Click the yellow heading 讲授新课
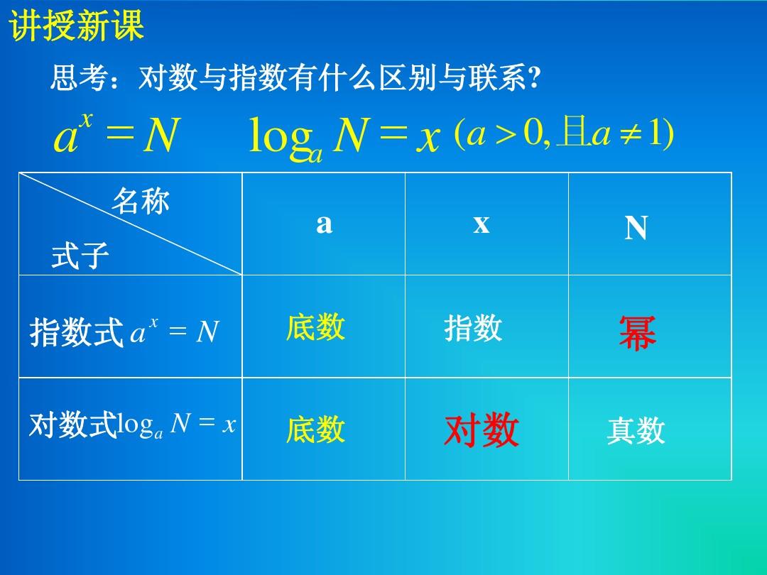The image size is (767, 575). (77, 27)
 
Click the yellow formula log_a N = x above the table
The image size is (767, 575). (344, 137)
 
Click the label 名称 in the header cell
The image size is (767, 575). (140, 202)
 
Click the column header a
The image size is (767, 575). (324, 224)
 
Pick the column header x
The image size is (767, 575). (482, 224)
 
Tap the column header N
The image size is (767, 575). (636, 229)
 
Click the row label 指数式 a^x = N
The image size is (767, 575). (124, 332)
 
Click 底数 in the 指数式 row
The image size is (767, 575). (315, 327)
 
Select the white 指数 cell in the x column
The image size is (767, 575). (473, 329)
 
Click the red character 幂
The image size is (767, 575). (637, 333)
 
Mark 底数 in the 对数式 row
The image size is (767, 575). (315, 430)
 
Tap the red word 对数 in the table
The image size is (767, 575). (482, 431)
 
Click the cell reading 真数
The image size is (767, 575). (636, 431)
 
